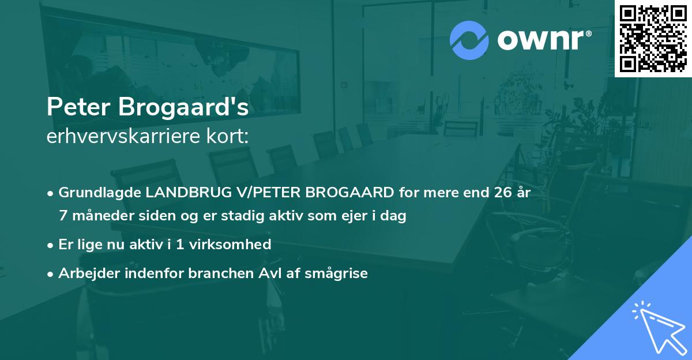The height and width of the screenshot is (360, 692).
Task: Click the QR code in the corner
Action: pos(653,38)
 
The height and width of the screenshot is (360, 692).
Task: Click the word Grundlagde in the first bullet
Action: pos(97,192)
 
